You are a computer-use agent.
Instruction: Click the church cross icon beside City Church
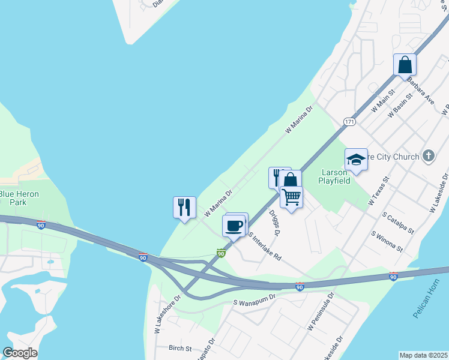point(427,156)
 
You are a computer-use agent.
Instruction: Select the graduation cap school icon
point(356,160)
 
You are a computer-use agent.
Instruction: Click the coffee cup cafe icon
point(234,226)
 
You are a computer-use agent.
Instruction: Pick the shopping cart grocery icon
point(292,196)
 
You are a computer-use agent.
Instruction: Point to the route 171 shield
point(349,122)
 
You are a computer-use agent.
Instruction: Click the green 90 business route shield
point(221,254)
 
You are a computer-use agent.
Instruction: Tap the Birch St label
point(179,348)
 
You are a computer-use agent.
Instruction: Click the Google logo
point(20,353)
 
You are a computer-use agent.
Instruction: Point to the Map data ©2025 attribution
point(423,355)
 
